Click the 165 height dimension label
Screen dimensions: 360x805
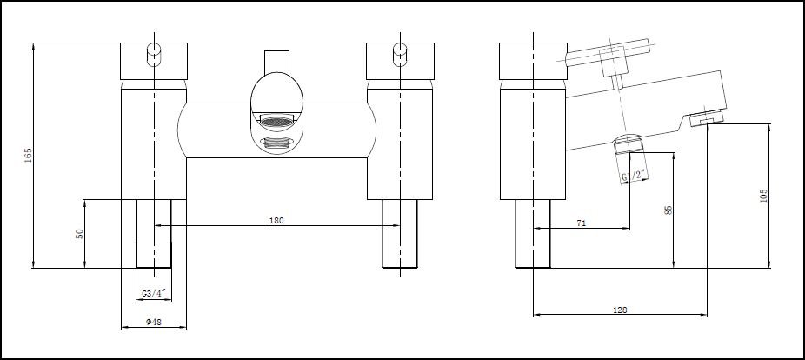[x=28, y=156]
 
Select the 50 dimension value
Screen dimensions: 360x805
[x=79, y=234]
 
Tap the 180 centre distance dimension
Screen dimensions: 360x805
[x=276, y=221]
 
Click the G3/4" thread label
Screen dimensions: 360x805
[x=154, y=293]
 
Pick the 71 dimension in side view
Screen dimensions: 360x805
[x=581, y=223]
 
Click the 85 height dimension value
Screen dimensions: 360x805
[x=669, y=210]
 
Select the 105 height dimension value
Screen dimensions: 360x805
[x=763, y=196]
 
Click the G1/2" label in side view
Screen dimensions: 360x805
[x=633, y=177]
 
